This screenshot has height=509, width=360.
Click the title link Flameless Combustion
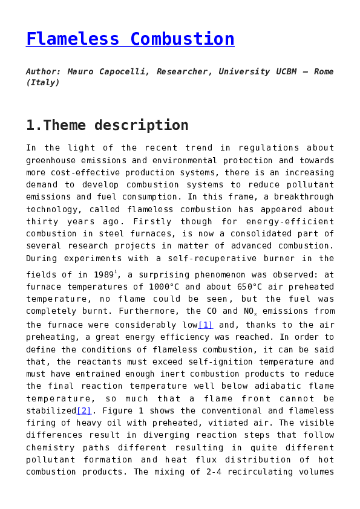point(130,39)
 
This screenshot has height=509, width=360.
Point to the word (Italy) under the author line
point(43,83)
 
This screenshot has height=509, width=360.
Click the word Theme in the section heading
point(65,125)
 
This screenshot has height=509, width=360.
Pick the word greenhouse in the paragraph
point(51,160)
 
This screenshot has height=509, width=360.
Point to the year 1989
point(104,274)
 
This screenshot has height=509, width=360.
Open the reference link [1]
point(206,325)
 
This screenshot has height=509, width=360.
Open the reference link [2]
point(84,411)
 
